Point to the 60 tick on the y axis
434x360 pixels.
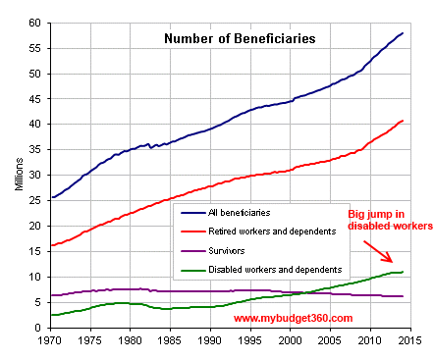click(35, 23)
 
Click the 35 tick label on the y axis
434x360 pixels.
click(35, 150)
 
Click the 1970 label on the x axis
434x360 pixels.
click(48, 341)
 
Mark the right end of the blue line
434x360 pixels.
click(403, 33)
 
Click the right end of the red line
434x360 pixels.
click(403, 121)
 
